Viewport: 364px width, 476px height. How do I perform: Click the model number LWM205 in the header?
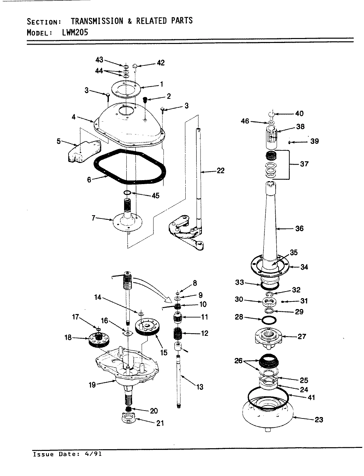pos(75,32)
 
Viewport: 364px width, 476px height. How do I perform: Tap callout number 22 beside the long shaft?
pos(220,171)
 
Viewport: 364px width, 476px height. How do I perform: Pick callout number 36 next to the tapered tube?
pos(299,228)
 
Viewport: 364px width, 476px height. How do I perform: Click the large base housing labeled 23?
pos(268,413)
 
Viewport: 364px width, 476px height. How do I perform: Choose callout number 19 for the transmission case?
pos(92,384)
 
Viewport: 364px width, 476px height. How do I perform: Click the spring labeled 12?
pos(178,333)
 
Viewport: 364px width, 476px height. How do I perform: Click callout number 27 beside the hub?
pos(302,337)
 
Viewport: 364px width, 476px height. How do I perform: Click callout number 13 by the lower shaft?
pos(200,387)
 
